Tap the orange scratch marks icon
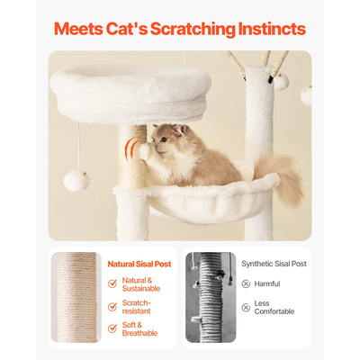tap(132, 148)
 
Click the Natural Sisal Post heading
tap(140, 264)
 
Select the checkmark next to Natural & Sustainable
tap(112, 283)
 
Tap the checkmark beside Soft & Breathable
tap(112, 328)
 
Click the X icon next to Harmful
tap(246, 283)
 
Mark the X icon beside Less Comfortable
tap(246, 304)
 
